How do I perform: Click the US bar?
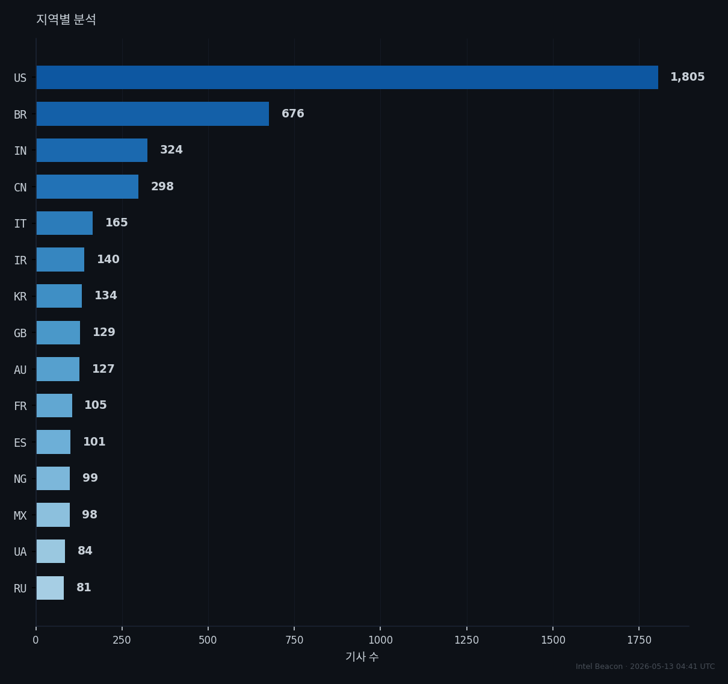coord(347,78)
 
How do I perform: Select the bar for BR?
coord(152,114)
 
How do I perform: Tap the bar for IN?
coord(92,150)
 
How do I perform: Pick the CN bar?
coord(88,187)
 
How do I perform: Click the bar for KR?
coord(59,296)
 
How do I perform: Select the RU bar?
coord(50,588)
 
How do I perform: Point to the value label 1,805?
coord(687,77)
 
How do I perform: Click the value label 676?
coord(292,113)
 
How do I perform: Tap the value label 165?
coord(117,222)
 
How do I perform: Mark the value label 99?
coord(90,477)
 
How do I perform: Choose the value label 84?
coord(85,550)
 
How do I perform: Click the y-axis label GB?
coord(20,333)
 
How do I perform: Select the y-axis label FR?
coord(20,406)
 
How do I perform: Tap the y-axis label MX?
coord(20,515)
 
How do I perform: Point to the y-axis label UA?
coord(20,552)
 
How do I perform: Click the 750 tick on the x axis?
coord(294,640)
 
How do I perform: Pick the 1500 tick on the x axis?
coord(553,640)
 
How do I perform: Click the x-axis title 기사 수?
coord(362,657)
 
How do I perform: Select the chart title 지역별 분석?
coord(66,19)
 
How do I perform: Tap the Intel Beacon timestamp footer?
coord(645,667)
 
